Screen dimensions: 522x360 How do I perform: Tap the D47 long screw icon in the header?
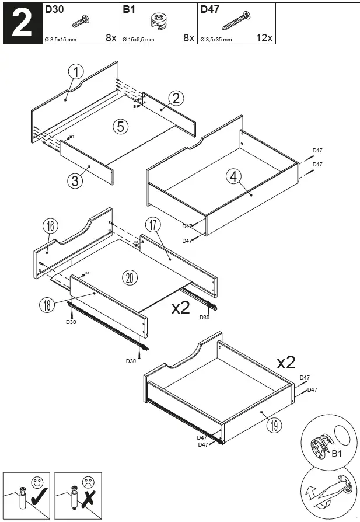pyautogui.click(x=236, y=21)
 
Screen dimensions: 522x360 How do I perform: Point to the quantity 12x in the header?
pyautogui.click(x=264, y=38)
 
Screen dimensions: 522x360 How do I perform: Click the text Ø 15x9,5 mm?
pyautogui.click(x=138, y=40)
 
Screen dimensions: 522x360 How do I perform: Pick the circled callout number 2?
pyautogui.click(x=176, y=98)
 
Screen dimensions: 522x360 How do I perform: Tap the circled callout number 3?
pyautogui.click(x=75, y=181)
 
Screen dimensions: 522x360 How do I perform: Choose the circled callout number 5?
pyautogui.click(x=121, y=126)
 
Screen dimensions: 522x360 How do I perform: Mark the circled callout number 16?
pyautogui.click(x=50, y=227)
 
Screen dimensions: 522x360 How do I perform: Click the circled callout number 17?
pyautogui.click(x=153, y=225)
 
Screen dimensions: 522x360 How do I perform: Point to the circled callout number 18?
pyautogui.click(x=48, y=304)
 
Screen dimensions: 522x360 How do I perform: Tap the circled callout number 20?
pyautogui.click(x=130, y=277)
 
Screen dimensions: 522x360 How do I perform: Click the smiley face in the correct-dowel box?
pyautogui.click(x=37, y=483)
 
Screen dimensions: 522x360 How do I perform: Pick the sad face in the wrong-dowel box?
pyautogui.click(x=89, y=483)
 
